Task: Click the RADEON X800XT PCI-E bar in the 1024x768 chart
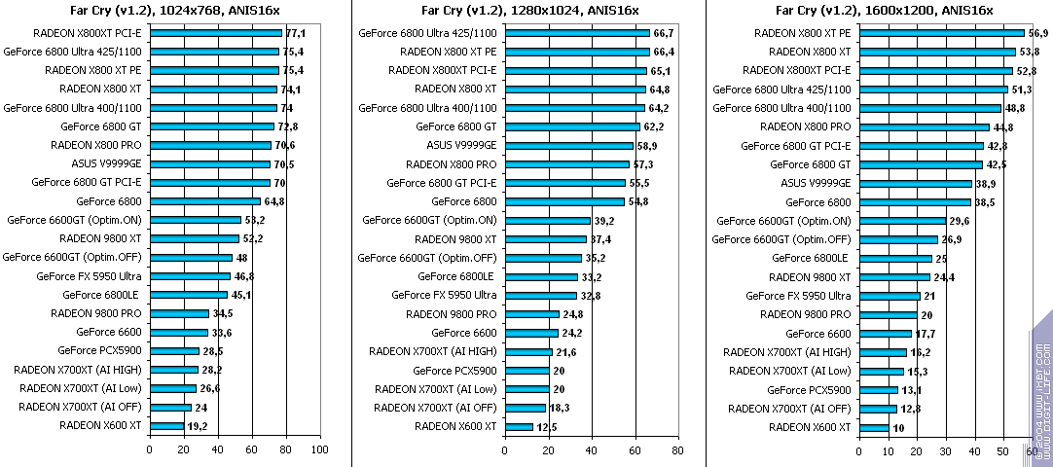215,33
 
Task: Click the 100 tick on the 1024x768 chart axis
319,449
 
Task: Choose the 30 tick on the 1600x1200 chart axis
946,449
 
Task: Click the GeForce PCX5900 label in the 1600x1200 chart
809,390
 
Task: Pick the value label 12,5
548,426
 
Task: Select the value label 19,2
198,426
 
